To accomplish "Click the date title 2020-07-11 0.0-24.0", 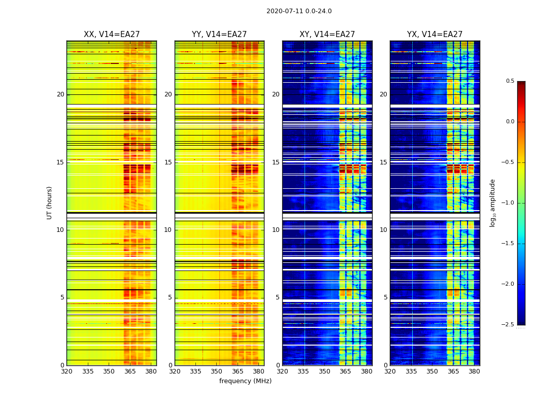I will [x=299, y=11].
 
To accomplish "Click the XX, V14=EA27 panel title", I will [x=112, y=35].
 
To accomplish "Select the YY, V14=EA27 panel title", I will [x=219, y=35].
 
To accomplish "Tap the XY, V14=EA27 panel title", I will [x=327, y=35].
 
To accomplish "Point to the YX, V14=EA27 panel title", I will [x=435, y=35].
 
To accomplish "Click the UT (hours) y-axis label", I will [x=50, y=202].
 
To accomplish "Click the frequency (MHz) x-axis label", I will [x=245, y=381].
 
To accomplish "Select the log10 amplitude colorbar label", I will [x=492, y=202].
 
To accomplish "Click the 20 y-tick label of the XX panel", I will [x=60, y=94].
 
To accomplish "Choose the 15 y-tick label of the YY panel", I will [x=168, y=162].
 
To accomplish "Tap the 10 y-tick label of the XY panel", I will [x=276, y=230].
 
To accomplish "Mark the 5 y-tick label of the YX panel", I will [x=385, y=297].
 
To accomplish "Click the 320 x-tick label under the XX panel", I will [x=66, y=371].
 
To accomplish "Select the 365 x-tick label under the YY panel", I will [x=238, y=371].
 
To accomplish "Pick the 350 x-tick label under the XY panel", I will [x=324, y=371].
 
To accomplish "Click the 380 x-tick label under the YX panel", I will [x=474, y=371].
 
